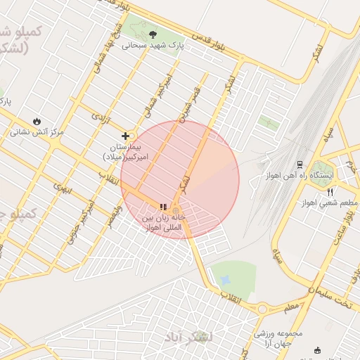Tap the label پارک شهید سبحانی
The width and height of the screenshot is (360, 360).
[x=153, y=45]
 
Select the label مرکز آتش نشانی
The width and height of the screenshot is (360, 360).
[x=37, y=131]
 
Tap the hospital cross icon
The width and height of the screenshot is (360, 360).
[x=126, y=136]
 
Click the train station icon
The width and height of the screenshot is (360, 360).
[x=300, y=165]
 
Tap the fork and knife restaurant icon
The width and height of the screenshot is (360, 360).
[x=330, y=192]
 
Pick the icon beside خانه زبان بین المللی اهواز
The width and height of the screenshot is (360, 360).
[x=163, y=207]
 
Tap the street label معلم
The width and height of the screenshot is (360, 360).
[x=291, y=307]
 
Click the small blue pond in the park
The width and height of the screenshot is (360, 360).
[x=225, y=281]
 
